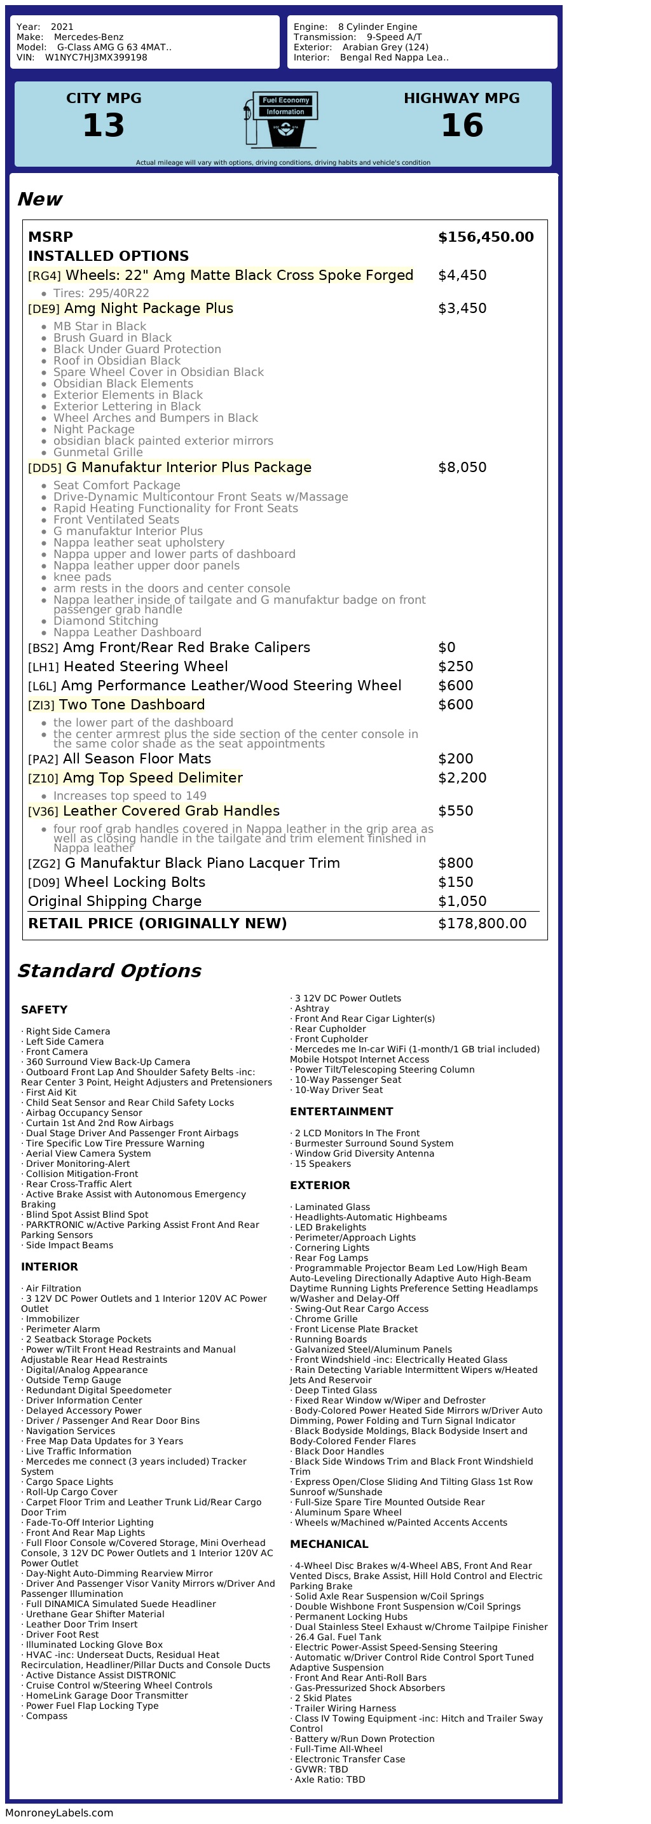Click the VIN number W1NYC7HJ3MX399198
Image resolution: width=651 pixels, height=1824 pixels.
[95, 57]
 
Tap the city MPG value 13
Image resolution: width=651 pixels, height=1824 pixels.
[104, 125]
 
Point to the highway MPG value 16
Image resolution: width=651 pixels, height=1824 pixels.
[462, 125]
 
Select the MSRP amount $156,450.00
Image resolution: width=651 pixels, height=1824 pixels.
[486, 237]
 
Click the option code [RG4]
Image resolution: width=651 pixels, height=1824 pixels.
[44, 275]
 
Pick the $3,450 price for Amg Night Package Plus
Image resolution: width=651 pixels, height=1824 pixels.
[462, 308]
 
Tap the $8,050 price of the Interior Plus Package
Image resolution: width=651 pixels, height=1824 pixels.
[462, 468]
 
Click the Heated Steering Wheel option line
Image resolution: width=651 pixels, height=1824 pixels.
[145, 666]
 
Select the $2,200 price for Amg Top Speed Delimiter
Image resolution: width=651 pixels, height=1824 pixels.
[462, 777]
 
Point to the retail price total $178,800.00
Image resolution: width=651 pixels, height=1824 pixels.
[482, 923]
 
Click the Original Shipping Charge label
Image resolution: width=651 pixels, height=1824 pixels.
[114, 902]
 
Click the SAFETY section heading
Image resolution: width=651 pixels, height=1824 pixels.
[44, 1010]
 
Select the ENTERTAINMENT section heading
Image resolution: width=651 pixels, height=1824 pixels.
[341, 1111]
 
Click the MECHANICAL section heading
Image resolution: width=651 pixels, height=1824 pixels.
[329, 1544]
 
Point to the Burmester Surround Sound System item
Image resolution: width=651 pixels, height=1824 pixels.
[374, 1143]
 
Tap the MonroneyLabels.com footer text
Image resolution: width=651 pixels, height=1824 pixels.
[58, 1813]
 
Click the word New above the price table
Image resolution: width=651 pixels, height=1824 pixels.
[39, 199]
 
